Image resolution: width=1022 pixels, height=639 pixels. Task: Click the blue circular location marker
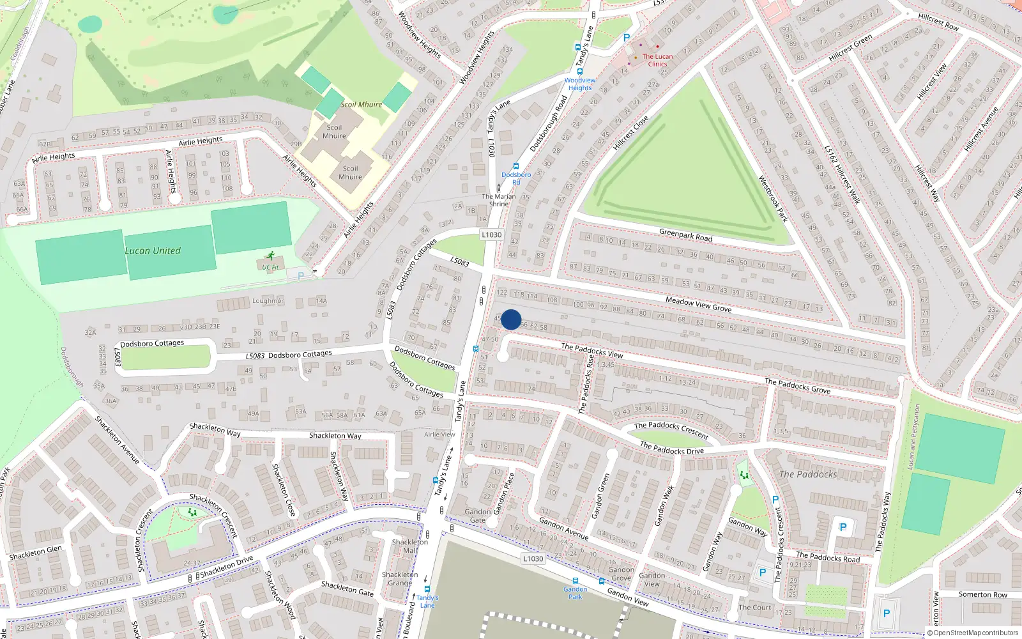click(x=511, y=319)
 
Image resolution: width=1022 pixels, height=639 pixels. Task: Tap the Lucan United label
click(x=153, y=250)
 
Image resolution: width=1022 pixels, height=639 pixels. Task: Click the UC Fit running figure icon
click(x=271, y=256)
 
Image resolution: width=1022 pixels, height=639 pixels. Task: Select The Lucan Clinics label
click(x=657, y=60)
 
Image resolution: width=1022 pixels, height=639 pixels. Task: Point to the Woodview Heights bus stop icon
click(x=580, y=72)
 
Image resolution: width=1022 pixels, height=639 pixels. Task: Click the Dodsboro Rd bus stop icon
click(x=516, y=166)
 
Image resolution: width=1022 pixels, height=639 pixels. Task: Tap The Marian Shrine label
click(x=499, y=200)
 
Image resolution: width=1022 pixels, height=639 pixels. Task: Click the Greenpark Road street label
click(x=685, y=235)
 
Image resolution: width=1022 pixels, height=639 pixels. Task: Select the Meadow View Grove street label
click(x=698, y=304)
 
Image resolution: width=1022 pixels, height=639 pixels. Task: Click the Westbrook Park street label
click(x=773, y=199)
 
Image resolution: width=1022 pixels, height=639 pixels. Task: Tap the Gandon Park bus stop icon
click(x=576, y=581)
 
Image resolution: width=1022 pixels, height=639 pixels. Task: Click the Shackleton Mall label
click(x=410, y=546)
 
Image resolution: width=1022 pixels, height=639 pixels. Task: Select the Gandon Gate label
click(x=478, y=516)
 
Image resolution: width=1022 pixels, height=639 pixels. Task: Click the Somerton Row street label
click(x=982, y=594)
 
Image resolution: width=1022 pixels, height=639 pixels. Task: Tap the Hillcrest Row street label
click(x=938, y=22)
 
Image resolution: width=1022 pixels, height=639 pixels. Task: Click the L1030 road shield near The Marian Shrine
click(x=491, y=235)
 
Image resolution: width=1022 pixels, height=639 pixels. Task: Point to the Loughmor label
click(x=268, y=300)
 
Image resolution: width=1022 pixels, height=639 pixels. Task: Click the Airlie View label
click(x=439, y=435)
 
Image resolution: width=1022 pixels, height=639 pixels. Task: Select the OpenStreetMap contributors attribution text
click(x=973, y=633)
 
